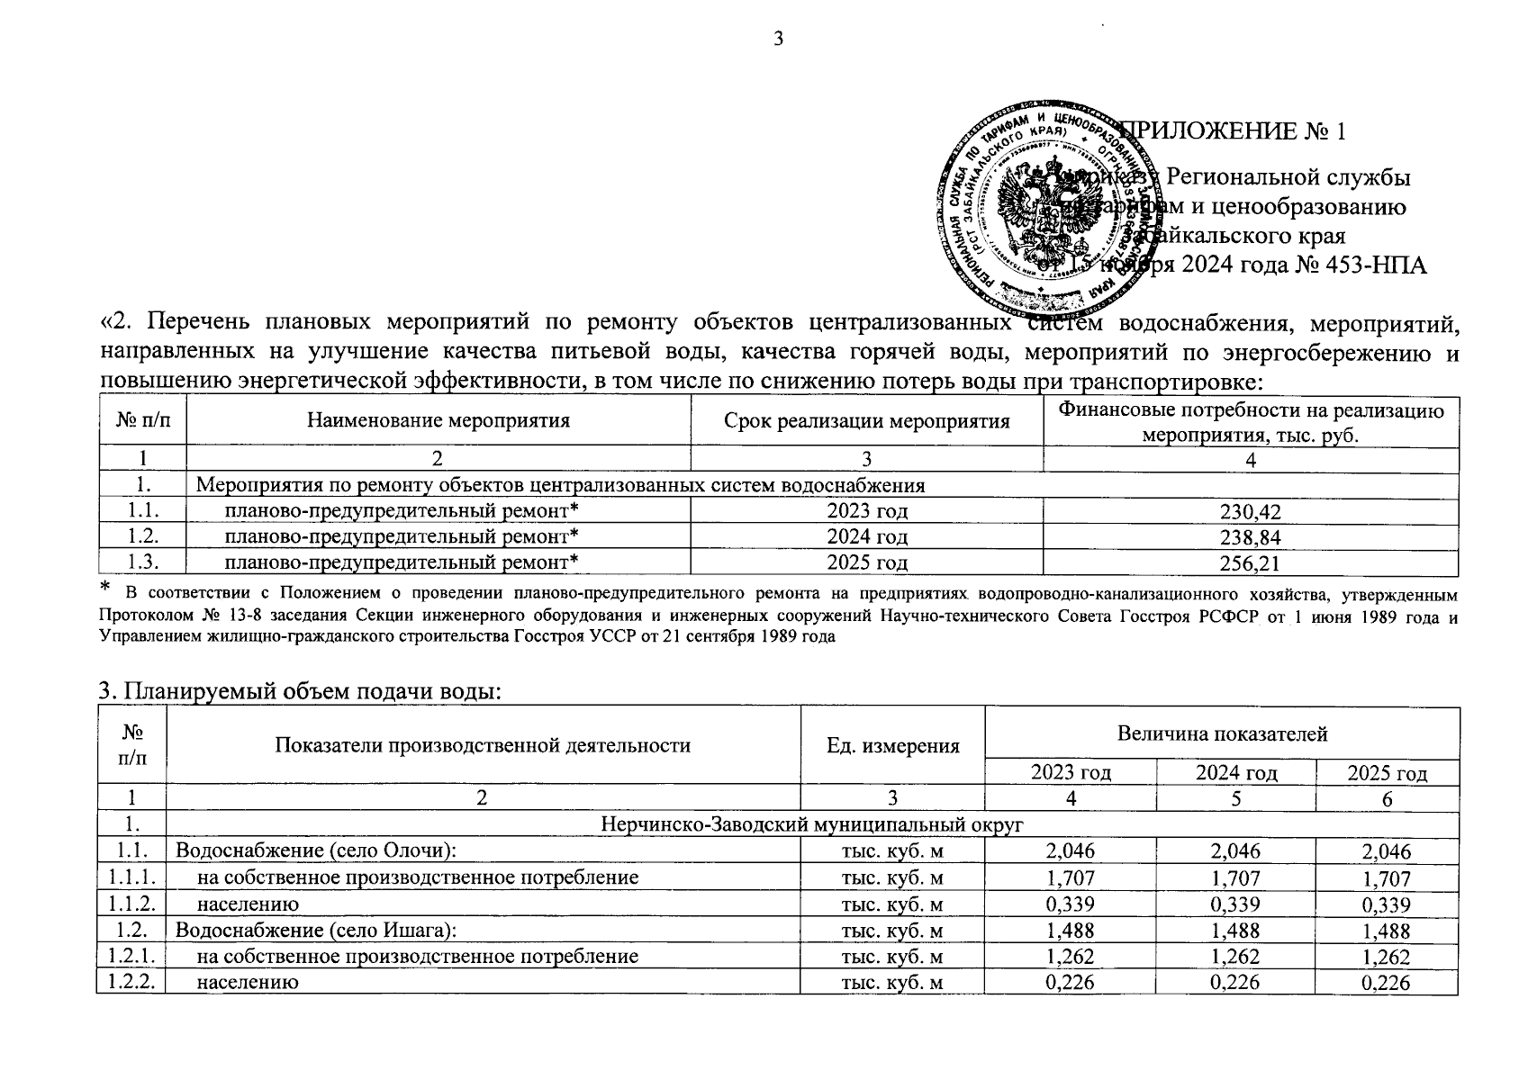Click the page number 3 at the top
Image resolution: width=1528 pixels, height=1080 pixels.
coord(778,39)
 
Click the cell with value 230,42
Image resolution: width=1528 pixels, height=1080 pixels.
coord(1250,512)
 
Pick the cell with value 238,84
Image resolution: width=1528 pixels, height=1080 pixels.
coord(1250,537)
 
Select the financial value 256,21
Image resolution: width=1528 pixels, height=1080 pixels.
coord(1250,563)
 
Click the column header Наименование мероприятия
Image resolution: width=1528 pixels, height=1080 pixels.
coord(438,421)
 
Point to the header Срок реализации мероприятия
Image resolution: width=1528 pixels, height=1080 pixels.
coord(866,421)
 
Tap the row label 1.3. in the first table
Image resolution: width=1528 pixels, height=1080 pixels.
coord(143,563)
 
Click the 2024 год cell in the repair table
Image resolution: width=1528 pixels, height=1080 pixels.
coord(866,537)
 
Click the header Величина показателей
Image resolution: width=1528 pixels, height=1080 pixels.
coord(1222,733)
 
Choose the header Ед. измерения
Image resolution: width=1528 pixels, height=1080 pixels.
coord(892,746)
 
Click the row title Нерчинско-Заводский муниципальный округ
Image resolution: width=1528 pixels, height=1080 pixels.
coord(812,824)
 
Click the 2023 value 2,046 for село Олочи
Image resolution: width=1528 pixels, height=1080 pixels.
coord(1070,851)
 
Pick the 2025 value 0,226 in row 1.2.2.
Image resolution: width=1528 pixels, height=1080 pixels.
coord(1387,983)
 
